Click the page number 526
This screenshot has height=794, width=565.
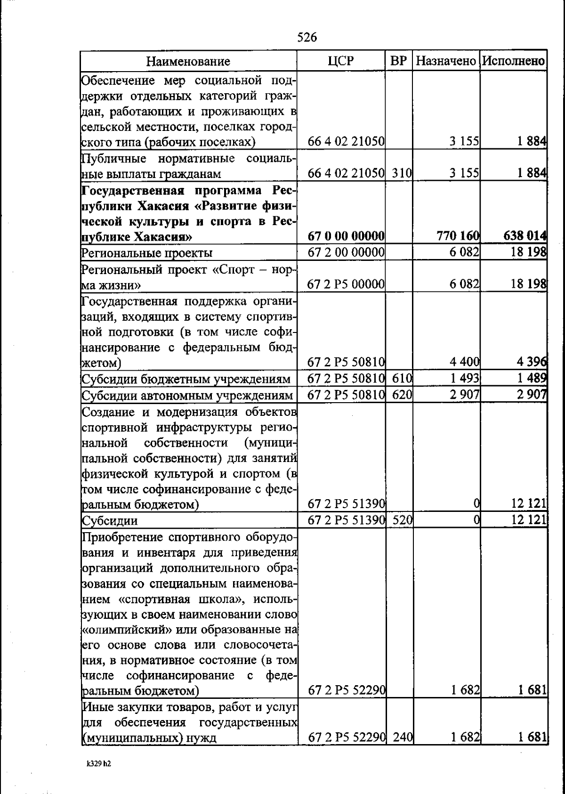tap(307, 37)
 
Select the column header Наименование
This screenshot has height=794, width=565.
tap(188, 61)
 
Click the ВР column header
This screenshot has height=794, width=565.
tap(399, 61)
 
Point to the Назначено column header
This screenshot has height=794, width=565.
tap(446, 61)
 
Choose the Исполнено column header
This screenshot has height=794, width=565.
tap(514, 61)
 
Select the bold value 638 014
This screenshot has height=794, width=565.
tap(525, 235)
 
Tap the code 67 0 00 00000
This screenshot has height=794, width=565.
tap(346, 235)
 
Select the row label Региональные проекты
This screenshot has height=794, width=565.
tap(147, 253)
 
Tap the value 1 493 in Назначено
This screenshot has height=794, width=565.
tap(465, 379)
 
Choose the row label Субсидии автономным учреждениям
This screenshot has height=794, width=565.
tap(188, 396)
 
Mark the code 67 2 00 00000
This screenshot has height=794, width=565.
tap(346, 252)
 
